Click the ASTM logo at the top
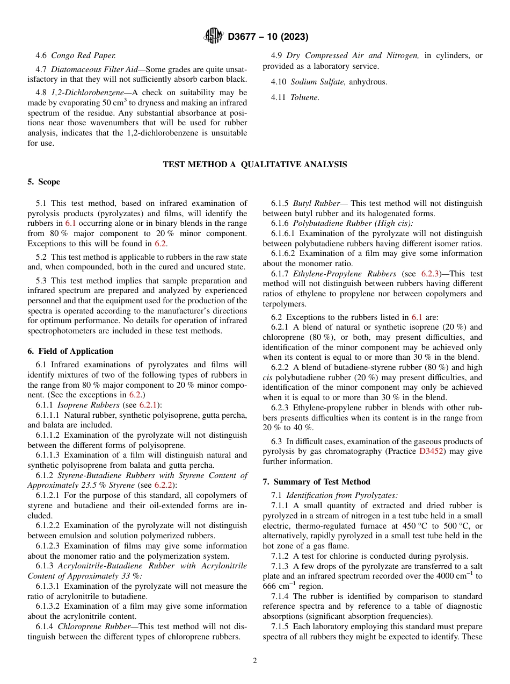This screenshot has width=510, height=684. tap(214, 37)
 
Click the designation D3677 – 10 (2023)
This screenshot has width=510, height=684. tap(268, 37)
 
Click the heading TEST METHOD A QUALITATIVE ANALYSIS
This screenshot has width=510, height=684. tap(254, 165)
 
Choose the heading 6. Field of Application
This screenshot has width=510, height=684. tap(70, 351)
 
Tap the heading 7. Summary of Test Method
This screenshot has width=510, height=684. tap(316, 481)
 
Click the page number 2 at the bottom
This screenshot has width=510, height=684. tap(255, 661)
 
